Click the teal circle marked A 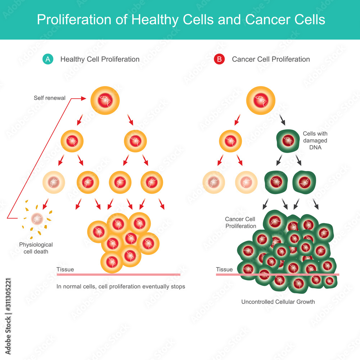(x=47, y=59)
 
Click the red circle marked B (x=219, y=59)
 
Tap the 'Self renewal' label (x=50, y=98)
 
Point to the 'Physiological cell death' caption (x=36, y=248)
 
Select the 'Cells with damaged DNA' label (x=315, y=141)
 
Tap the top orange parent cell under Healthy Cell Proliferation (x=105, y=101)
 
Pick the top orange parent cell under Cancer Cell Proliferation (x=260, y=101)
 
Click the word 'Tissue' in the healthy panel (x=65, y=270)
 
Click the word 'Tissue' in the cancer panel (x=224, y=269)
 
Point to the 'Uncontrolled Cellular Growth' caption (x=278, y=302)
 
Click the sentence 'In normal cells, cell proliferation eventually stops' (x=121, y=287)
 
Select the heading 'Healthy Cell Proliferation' (x=100, y=59)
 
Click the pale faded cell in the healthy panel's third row (x=54, y=182)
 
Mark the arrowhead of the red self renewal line (x=85, y=98)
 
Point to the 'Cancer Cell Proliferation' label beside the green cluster (x=240, y=222)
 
